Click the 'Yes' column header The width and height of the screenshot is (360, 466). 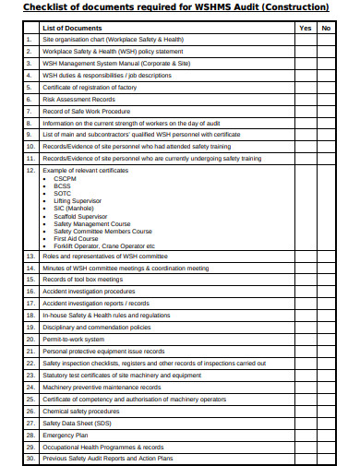click(x=306, y=28)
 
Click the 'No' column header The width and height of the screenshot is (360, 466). click(x=326, y=28)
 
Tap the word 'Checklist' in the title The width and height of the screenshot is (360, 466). click(x=42, y=7)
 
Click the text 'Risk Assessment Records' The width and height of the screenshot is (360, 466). click(x=79, y=98)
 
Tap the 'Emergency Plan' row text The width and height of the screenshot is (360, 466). click(x=66, y=435)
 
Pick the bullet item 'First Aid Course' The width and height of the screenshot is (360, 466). click(x=76, y=237)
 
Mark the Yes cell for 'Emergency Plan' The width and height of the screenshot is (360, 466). click(x=306, y=435)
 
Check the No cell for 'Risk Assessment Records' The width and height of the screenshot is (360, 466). click(x=326, y=98)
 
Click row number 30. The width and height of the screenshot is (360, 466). click(x=30, y=459)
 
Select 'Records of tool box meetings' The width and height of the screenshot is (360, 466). click(x=83, y=279)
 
